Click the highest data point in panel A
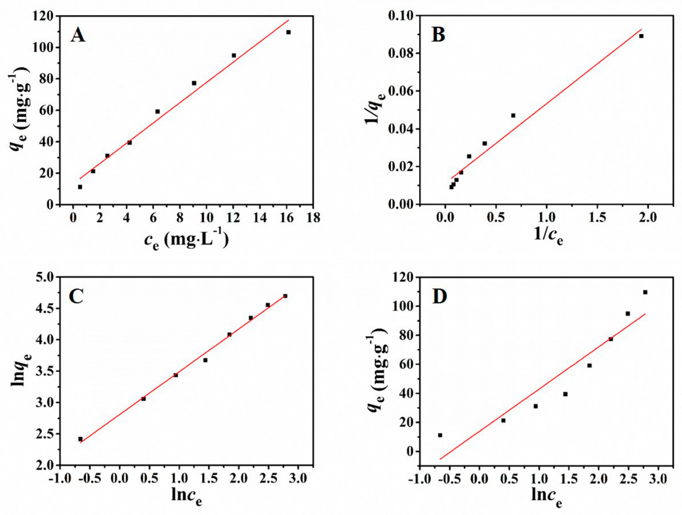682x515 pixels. [x=289, y=32]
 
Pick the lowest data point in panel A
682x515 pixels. [x=80, y=187]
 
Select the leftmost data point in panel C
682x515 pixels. [x=80, y=439]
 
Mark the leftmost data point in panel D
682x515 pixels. [x=440, y=435]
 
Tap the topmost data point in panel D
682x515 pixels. [x=645, y=292]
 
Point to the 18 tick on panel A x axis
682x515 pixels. [x=313, y=218]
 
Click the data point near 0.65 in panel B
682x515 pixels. [x=513, y=115]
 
